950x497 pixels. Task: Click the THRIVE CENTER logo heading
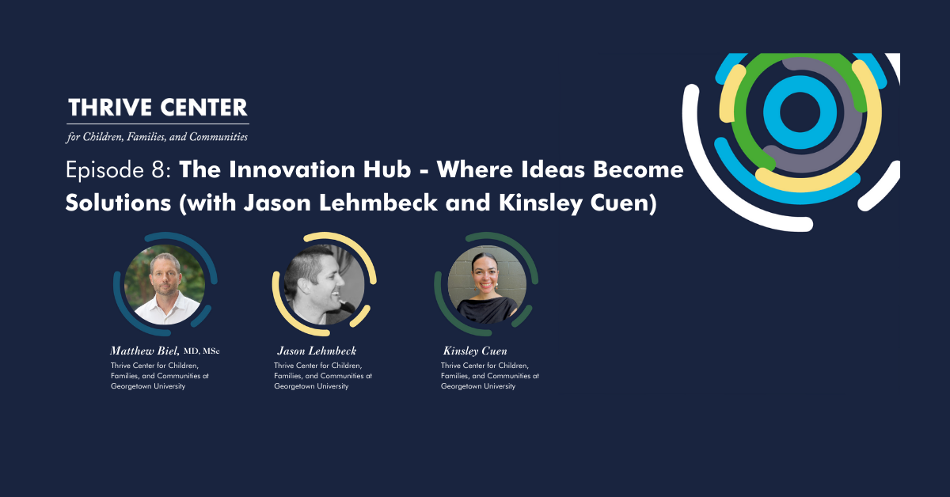158,108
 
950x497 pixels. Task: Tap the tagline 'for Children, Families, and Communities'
157,137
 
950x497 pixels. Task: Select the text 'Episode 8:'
118,170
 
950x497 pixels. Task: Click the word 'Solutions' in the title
118,203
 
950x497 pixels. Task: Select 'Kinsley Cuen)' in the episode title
578,203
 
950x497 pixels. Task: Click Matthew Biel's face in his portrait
165,275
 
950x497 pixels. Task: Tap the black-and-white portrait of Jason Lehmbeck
325,285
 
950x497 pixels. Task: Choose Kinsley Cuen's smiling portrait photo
487,285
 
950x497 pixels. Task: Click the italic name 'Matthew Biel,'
145,351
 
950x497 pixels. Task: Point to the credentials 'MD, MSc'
201,351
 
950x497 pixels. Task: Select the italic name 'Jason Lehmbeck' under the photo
317,351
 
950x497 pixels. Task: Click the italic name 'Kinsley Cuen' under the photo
475,351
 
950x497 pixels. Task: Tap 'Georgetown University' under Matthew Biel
148,386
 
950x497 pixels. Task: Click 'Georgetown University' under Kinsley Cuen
478,386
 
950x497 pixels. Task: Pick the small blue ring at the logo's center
800,112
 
